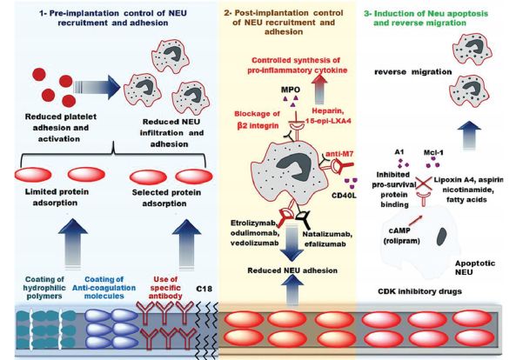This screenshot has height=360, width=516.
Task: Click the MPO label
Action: click(291, 90)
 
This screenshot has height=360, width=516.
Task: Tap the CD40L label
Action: click(344, 196)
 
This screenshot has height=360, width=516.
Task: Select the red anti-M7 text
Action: click(339, 154)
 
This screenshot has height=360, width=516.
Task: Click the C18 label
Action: click(204, 289)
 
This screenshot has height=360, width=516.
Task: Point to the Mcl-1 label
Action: click(433, 152)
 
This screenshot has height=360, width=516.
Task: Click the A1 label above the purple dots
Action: click(399, 152)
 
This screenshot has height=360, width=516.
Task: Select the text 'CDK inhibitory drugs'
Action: click(419, 291)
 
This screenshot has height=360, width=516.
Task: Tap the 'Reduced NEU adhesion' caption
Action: click(292, 270)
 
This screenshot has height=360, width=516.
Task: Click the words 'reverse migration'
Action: click(413, 72)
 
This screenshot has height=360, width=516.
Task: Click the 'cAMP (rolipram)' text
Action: click(401, 236)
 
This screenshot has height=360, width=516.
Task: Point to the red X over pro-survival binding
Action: click(424, 183)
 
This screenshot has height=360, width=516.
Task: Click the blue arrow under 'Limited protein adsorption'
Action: click(73, 243)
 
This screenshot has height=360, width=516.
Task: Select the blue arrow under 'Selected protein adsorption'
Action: click(186, 243)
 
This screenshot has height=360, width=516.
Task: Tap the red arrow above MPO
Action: click(318, 89)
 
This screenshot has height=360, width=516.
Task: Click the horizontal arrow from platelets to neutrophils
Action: click(97, 87)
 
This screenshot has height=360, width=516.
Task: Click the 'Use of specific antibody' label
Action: click(165, 288)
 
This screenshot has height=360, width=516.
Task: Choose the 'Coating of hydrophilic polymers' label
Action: click(44, 288)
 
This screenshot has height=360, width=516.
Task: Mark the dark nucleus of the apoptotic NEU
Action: click(441, 237)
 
